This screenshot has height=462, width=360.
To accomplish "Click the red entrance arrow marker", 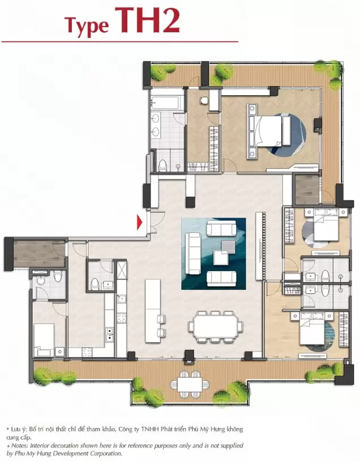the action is point(139,222).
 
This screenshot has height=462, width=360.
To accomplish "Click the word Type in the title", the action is point(87,25).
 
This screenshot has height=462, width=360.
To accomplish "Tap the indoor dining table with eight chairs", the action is point(216,327).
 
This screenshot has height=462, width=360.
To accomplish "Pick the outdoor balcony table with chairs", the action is point(190,384).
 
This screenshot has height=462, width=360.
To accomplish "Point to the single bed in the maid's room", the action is point(44,340).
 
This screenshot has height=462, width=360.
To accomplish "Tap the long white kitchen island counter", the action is point(153,311).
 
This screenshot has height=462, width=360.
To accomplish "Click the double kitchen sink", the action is point(110,335).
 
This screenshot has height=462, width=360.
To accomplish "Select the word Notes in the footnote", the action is point(20,446).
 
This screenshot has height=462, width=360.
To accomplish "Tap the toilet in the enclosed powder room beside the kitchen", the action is point(95,284).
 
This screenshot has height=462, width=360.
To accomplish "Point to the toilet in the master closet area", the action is point(204,100).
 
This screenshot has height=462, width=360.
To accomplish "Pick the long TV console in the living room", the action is point(259,246).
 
